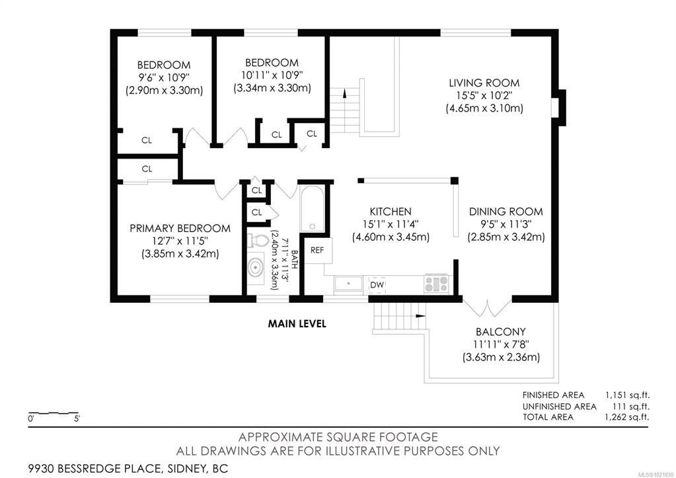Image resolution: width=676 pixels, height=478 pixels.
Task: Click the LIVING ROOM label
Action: click(x=484, y=83)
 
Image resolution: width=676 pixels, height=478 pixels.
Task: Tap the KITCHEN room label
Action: click(x=391, y=212)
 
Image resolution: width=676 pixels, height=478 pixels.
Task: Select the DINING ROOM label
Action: click(x=506, y=212)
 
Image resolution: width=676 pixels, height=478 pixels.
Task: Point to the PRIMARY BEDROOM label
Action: click(x=180, y=228)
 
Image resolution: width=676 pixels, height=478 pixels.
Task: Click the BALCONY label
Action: click(x=500, y=332)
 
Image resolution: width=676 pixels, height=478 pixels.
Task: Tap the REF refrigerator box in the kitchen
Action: click(x=318, y=250)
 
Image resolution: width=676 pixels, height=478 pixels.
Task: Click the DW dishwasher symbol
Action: click(x=377, y=285)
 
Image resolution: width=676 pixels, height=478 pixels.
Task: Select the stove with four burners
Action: click(x=436, y=284)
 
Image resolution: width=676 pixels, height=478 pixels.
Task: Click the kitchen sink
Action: click(x=349, y=284)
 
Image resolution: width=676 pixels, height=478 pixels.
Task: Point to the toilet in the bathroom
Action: click(x=258, y=240)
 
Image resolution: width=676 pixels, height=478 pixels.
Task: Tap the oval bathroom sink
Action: click(x=256, y=268)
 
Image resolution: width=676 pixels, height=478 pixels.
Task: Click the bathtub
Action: click(x=312, y=209)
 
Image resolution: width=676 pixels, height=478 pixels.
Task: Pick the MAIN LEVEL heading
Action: click(x=297, y=323)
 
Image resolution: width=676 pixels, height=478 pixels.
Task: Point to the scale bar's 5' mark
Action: click(x=77, y=418)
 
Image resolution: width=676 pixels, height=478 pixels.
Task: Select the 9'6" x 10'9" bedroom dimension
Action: click(x=164, y=77)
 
